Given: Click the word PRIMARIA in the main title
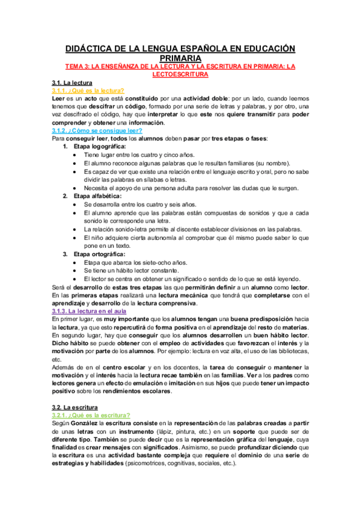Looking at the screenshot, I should [x=180, y=57].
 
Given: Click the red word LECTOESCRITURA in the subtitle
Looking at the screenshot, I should [x=180, y=75].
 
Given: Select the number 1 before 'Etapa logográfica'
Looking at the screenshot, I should [x=66, y=146].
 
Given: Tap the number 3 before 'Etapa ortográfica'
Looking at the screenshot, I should [x=66, y=254].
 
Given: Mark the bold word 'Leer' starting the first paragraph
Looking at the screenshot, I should [x=58, y=98].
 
